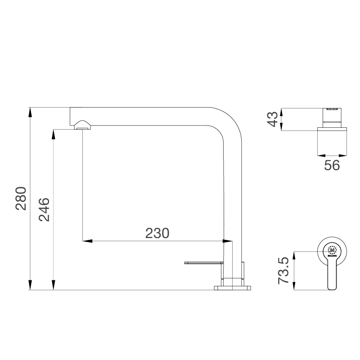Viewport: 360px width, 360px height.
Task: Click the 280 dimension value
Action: pos(22,198)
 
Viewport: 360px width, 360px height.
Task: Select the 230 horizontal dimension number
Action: pos(157,234)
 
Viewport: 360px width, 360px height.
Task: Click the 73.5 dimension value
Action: pos(284,270)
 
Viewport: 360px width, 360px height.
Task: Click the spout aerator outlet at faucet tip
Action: pos(82,128)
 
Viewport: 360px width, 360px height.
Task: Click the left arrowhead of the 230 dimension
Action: pos(87,241)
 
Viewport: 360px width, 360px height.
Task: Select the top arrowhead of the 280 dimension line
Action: pos(30,112)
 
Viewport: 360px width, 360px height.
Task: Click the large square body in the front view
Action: pos(333,141)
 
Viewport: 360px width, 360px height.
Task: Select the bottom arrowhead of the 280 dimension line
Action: pos(30,285)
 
